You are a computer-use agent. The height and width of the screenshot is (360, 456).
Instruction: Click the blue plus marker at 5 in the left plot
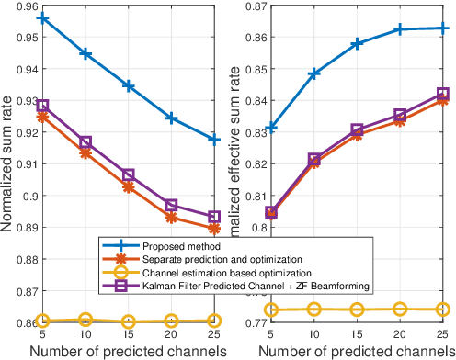42,18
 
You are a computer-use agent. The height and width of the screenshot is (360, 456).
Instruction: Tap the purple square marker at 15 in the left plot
128,174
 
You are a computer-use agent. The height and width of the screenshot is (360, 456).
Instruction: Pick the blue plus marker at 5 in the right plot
271,128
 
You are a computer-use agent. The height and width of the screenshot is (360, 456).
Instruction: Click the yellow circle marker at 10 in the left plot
85,320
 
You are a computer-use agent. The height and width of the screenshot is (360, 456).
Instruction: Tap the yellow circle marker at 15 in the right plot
357,309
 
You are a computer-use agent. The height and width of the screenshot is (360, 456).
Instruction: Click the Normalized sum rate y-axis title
6,165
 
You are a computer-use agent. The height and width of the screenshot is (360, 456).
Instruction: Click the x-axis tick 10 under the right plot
314,333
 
